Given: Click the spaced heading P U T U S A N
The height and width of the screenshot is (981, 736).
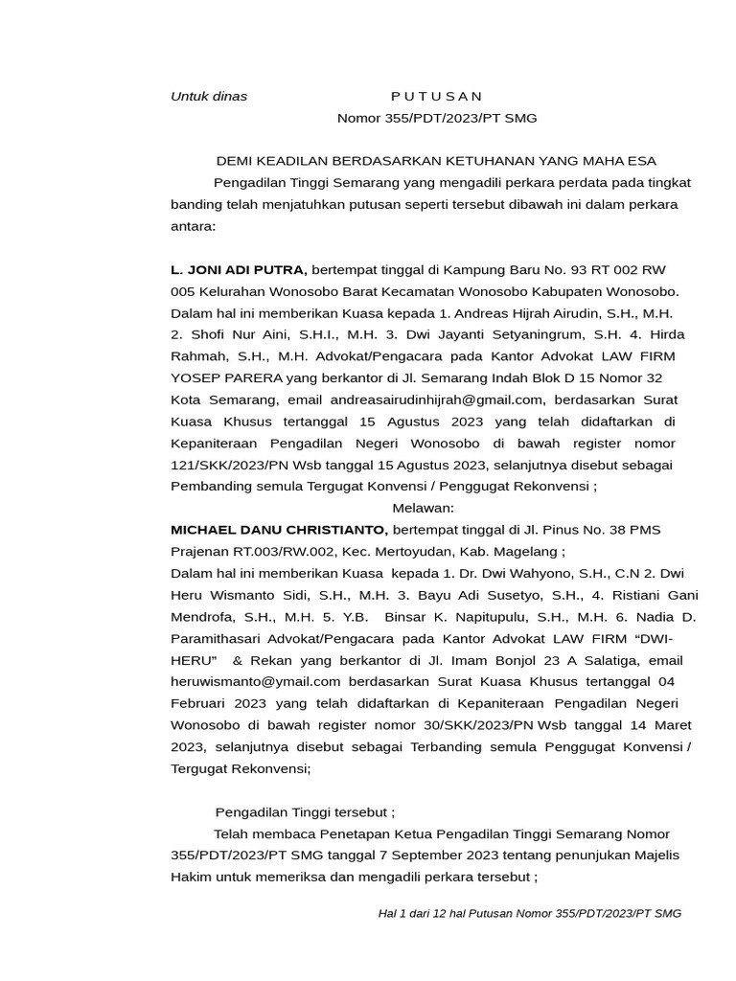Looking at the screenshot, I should pyautogui.click(x=436, y=96).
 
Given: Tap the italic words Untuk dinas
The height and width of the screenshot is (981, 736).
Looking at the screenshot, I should pyautogui.click(x=208, y=96).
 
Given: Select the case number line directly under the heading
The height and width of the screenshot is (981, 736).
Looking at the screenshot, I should pyautogui.click(x=436, y=118).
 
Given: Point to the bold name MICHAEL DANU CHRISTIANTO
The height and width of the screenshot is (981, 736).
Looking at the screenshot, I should pyautogui.click(x=279, y=530).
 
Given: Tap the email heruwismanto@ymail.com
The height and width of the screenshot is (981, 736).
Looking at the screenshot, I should pyautogui.click(x=256, y=681).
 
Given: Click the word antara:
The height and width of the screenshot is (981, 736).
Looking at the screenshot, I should pyautogui.click(x=194, y=227).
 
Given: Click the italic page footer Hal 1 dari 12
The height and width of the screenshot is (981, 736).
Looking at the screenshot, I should pyautogui.click(x=420, y=913).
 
